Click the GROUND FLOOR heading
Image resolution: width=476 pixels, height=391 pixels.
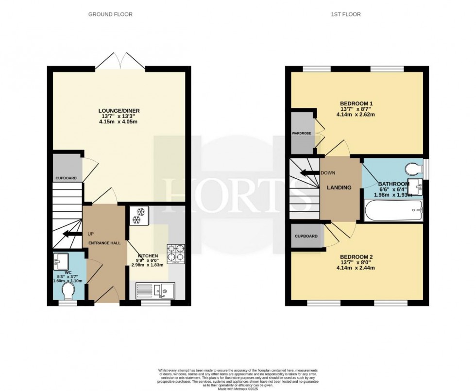point(110,15)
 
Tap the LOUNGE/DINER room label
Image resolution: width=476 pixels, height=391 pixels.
point(119,111)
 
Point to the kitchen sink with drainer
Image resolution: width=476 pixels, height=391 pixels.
point(154,291)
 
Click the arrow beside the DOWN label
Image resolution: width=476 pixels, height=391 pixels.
point(308,173)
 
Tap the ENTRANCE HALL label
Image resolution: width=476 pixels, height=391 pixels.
point(104,243)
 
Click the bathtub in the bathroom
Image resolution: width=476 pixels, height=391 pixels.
point(393,210)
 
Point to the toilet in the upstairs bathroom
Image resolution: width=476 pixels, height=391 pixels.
point(413,168)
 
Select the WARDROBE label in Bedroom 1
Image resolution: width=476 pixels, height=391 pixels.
point(301,132)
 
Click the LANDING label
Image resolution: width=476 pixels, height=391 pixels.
point(339,187)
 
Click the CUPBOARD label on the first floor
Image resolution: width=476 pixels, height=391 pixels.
point(306,236)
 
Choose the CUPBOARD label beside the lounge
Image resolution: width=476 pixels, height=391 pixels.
point(66,178)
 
